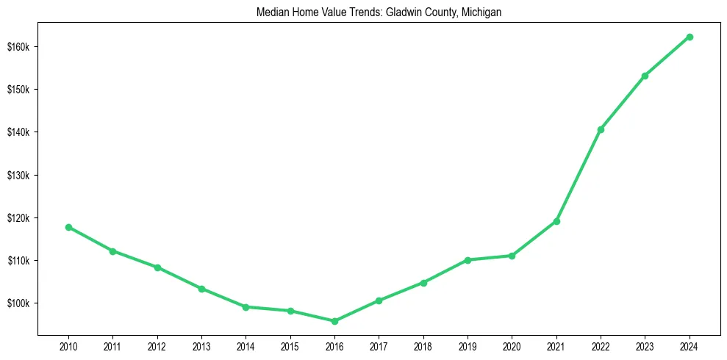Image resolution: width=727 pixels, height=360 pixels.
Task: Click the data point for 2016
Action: coord(334,321)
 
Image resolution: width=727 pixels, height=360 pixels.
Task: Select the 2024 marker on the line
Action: coord(690,37)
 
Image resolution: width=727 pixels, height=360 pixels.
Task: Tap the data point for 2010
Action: coord(68,227)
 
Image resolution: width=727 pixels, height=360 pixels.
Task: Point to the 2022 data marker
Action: coord(601,129)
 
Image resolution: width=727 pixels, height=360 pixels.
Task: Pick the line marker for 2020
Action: coord(512,256)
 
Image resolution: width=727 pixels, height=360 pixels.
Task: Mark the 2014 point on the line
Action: coord(246,307)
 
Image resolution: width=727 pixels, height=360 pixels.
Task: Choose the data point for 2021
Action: coord(556,221)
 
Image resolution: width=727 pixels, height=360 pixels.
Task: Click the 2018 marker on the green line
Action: coord(423,283)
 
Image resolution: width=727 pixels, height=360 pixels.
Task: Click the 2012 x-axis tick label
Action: coord(157,346)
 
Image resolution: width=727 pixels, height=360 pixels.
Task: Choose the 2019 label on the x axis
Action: coord(468,346)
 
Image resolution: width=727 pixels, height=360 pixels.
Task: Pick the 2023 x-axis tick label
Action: coord(645,346)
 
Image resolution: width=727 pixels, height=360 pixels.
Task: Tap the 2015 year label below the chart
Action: coord(290,346)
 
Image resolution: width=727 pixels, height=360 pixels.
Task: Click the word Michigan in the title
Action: coord(483,12)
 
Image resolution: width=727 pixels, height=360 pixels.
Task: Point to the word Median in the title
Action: coord(272,12)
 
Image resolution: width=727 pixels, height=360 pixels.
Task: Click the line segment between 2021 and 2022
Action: coord(579,176)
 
